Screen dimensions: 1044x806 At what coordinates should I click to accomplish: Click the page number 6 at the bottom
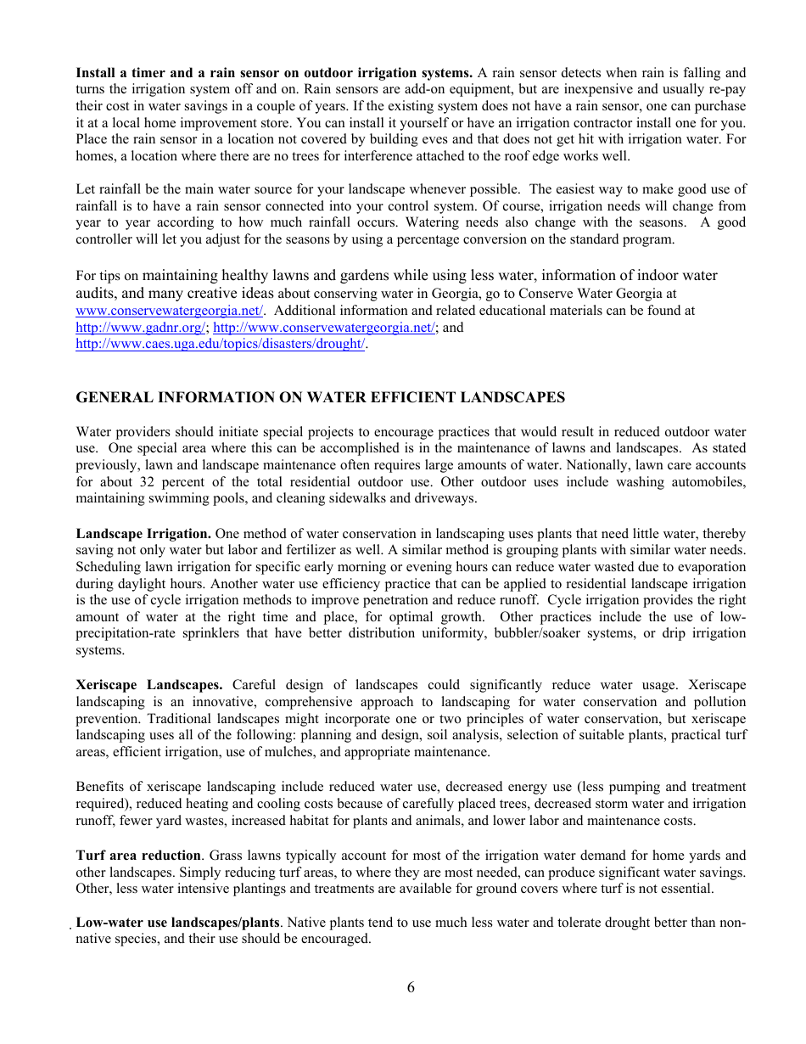pos(411,987)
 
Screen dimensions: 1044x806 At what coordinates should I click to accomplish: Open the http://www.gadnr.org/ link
pos(141,328)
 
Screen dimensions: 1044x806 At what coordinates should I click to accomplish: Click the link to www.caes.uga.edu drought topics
pos(221,344)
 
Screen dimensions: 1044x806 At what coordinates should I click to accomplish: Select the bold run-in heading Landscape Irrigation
pos(143,534)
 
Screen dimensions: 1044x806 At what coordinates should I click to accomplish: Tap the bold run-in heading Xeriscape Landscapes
pos(149,685)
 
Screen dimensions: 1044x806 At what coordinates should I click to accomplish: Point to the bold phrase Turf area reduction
pos(138,856)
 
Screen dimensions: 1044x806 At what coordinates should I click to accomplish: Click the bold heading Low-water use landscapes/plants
pos(177,923)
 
